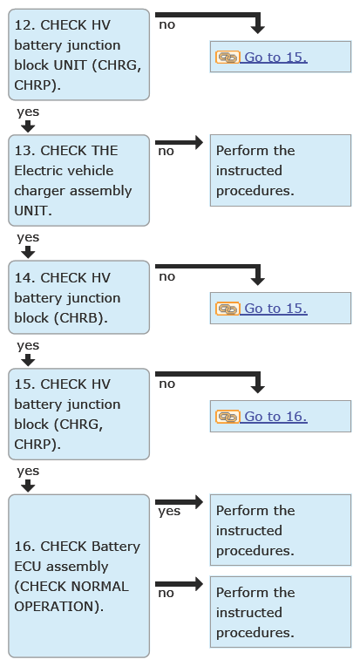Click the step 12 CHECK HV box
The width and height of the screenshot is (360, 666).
click(x=79, y=55)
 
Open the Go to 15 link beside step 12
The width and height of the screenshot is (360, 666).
click(x=274, y=57)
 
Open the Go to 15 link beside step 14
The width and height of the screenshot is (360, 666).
click(x=274, y=309)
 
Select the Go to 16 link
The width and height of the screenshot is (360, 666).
click(x=274, y=417)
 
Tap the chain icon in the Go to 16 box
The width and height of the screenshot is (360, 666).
click(x=228, y=417)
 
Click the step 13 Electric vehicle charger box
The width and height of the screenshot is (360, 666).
click(x=79, y=180)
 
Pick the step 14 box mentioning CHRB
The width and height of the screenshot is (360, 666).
click(x=79, y=297)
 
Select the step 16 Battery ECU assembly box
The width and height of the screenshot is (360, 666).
click(x=79, y=576)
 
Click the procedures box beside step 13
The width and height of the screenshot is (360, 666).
click(x=281, y=170)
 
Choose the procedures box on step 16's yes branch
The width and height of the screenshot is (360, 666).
click(x=281, y=530)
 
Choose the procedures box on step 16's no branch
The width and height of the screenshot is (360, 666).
click(x=281, y=612)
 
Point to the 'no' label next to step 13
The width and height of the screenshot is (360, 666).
click(x=166, y=151)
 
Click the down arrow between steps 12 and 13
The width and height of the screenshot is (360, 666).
click(x=28, y=126)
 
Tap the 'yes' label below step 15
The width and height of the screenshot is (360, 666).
click(x=28, y=471)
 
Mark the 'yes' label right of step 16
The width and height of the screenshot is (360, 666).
click(x=169, y=512)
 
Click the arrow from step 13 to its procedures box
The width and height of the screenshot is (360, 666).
click(x=180, y=142)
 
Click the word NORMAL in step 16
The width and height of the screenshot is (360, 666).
click(x=100, y=587)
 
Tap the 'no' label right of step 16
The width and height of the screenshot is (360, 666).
click(x=166, y=594)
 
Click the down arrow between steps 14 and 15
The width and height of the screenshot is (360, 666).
click(x=28, y=360)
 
